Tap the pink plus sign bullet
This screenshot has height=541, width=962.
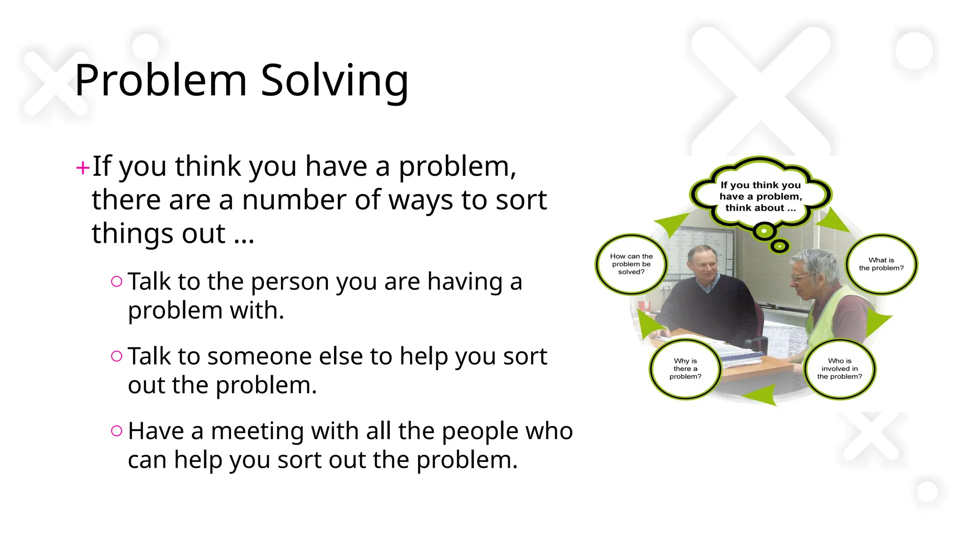[83, 168]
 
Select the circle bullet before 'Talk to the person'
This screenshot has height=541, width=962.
[116, 281]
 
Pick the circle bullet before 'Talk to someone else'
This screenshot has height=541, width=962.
[116, 356]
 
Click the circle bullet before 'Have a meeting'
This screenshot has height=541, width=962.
[116, 431]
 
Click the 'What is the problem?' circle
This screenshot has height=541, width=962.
[881, 264]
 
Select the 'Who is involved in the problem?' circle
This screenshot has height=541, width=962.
[839, 369]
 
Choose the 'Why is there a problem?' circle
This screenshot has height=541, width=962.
[685, 369]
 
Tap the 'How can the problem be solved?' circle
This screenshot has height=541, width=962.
[631, 264]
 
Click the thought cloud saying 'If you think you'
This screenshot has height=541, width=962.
[760, 196]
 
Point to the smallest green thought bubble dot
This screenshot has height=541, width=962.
[780, 246]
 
